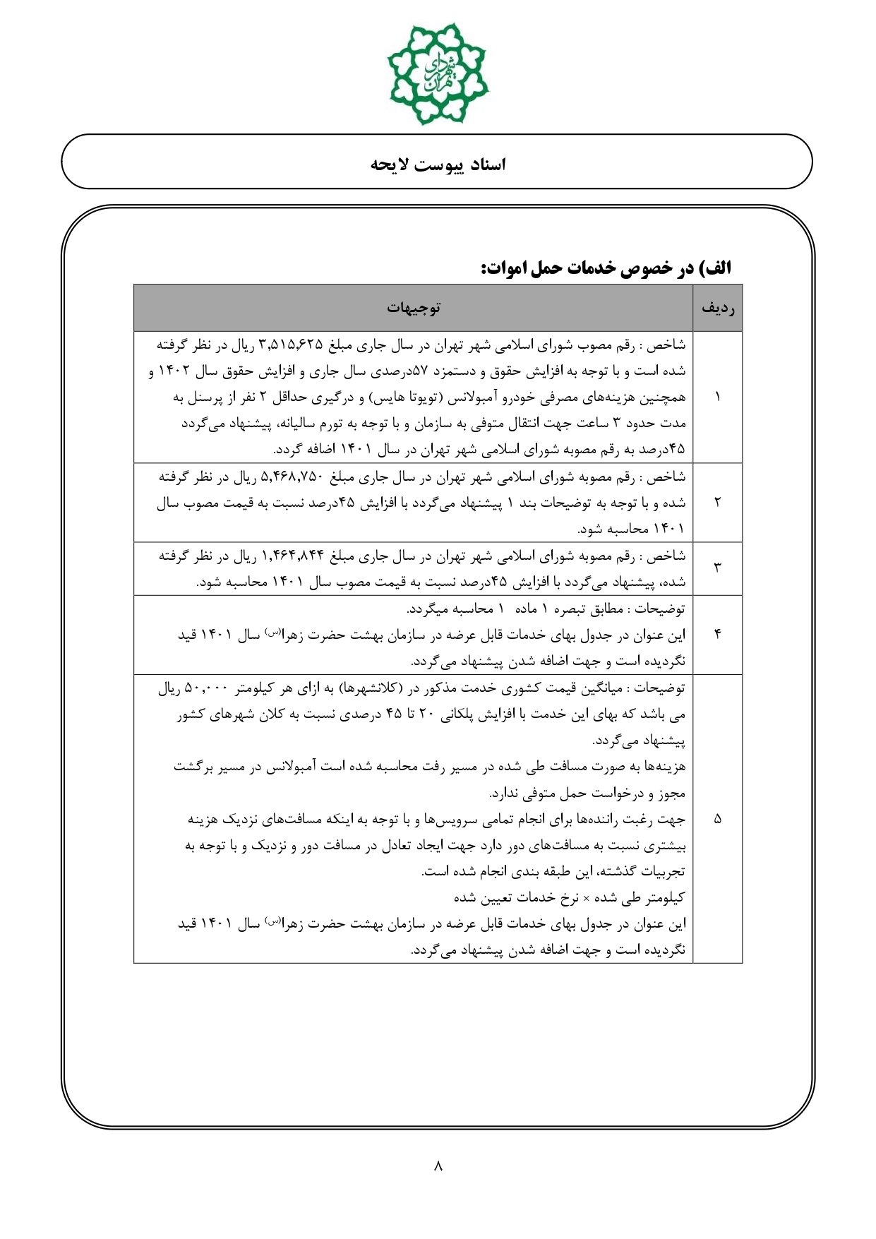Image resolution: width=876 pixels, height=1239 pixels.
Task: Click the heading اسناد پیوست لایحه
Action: pyautogui.click(x=438, y=164)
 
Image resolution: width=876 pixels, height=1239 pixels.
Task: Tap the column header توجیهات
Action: pyautogui.click(x=414, y=308)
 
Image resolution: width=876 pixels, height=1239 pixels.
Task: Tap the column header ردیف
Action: pyautogui.click(x=718, y=308)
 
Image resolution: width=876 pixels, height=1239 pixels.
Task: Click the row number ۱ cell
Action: pyautogui.click(x=718, y=397)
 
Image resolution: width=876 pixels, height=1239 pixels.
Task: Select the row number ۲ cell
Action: pyautogui.click(x=718, y=503)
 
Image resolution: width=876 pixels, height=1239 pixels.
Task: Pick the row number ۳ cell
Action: pyautogui.click(x=718, y=568)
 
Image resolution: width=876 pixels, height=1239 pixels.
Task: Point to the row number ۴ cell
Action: pyautogui.click(x=718, y=635)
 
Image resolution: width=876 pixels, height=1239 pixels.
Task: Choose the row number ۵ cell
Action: pyautogui.click(x=718, y=819)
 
